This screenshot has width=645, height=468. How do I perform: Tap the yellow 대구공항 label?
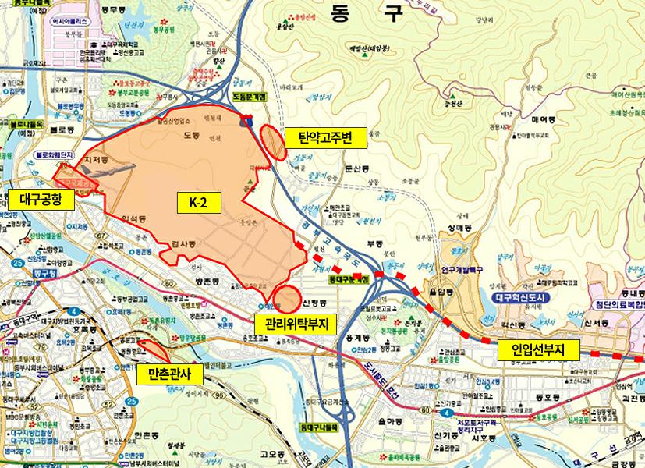click(43, 200)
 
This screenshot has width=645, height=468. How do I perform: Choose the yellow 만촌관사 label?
click(169, 375)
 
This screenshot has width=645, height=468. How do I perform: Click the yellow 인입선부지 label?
click(537, 349)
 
